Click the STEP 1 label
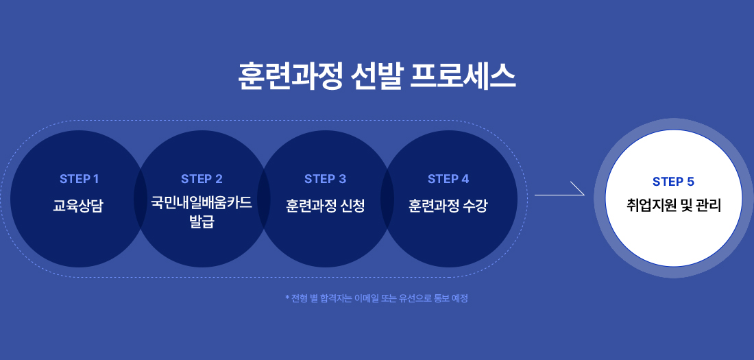point(79,179)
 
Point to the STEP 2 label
point(202,179)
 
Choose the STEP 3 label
point(325,179)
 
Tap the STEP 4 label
point(448,179)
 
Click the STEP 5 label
point(673,182)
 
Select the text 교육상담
point(78,205)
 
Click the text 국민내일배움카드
point(202,202)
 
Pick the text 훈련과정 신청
point(325,205)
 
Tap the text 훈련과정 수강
point(448,205)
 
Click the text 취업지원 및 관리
point(673,204)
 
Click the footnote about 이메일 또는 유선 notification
point(378,298)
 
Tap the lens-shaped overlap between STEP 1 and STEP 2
point(141,199)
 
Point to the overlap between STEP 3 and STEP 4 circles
point(387,199)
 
